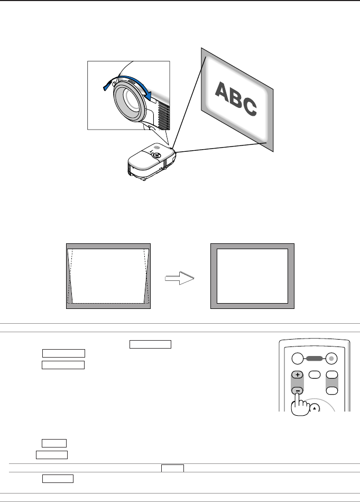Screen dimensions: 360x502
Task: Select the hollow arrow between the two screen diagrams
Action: (180, 278)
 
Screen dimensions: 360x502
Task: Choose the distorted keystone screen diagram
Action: (109, 276)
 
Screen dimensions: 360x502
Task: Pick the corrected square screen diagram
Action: (252, 276)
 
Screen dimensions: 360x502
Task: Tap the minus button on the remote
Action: (298, 390)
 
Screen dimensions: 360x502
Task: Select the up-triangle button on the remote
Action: (315, 408)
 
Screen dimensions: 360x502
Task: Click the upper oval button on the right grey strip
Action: (333, 374)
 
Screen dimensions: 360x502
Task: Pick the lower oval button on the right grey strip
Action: (333, 389)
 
